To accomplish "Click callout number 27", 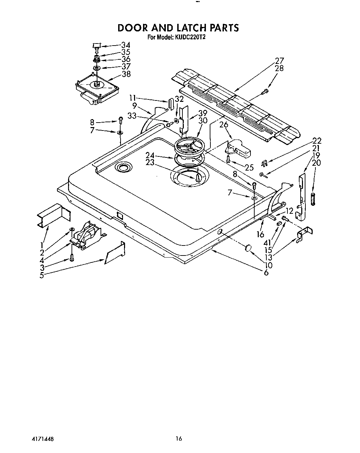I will [279, 61].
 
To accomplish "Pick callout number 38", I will [126, 74].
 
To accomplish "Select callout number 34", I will [126, 45].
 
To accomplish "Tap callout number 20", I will [316, 163].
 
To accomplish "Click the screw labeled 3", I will [72, 257].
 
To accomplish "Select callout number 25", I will [249, 168].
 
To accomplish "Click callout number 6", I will [266, 272].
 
